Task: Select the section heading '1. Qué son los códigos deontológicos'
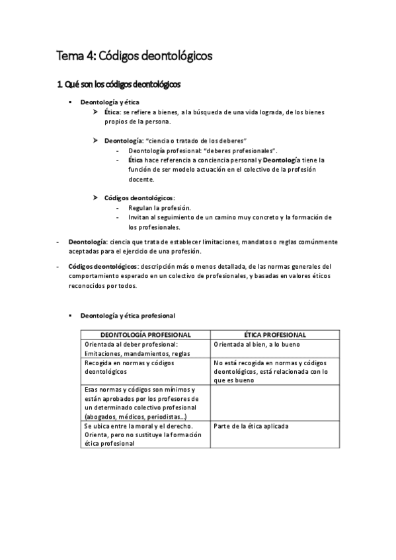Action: [x=118, y=85]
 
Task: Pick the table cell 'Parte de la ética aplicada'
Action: [x=251, y=426]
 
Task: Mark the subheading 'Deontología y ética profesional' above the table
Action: [x=128, y=316]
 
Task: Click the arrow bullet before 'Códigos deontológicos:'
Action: [x=97, y=198]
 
